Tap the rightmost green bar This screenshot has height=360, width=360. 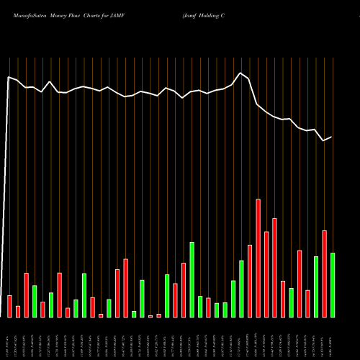pos(333,284)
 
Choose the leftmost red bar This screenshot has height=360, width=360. pos(9,306)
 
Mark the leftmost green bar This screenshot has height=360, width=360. pos(35,301)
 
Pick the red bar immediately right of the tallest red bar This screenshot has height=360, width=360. pos(266,274)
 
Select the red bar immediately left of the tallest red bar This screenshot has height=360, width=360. pos(250,281)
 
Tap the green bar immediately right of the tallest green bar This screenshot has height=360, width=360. pos(200,306)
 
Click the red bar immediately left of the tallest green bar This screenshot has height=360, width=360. pos(184,289)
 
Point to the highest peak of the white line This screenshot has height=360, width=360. pos(241,73)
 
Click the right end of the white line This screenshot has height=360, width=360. pos(332,137)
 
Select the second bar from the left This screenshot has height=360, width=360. pos(18,311)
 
